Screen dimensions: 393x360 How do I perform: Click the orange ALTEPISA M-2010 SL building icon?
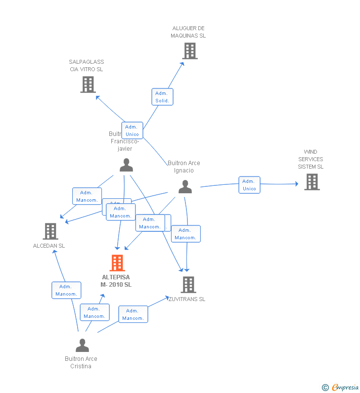click(x=117, y=263)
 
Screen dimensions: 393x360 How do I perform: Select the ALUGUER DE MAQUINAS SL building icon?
click(x=189, y=51)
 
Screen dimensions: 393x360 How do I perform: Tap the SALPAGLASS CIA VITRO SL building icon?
click(x=88, y=85)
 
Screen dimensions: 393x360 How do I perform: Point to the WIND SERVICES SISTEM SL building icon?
click(x=312, y=182)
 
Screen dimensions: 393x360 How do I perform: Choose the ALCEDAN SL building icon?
click(x=50, y=231)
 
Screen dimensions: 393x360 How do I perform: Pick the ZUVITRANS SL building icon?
click(x=188, y=284)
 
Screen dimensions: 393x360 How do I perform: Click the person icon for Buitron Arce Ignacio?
click(x=185, y=186)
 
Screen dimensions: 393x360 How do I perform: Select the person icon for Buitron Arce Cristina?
click(x=82, y=345)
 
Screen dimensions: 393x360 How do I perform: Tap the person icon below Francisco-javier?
click(x=126, y=165)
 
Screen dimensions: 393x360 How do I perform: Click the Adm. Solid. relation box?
click(x=162, y=97)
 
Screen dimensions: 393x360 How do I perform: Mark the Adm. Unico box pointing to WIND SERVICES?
click(x=249, y=185)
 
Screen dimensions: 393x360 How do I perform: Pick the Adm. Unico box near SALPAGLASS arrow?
click(x=132, y=131)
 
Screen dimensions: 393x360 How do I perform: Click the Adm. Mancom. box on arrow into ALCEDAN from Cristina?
click(x=66, y=290)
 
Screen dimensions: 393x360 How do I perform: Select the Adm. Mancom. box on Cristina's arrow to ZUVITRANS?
click(x=133, y=314)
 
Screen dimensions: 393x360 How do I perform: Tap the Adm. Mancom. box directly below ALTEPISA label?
click(x=94, y=312)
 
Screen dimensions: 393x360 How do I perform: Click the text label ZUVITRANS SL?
click(x=187, y=299)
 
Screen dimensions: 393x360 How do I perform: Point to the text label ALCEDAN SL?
click(x=49, y=246)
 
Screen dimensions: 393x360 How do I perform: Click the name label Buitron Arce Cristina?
click(x=81, y=362)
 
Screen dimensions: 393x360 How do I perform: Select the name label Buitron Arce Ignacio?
click(x=184, y=167)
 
